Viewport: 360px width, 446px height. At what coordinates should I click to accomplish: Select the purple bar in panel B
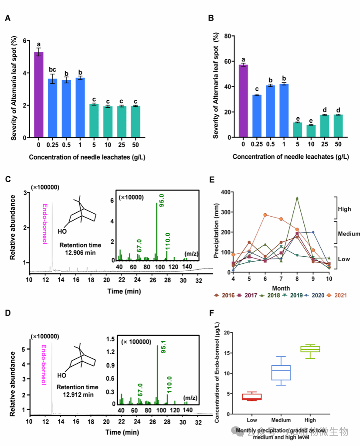pos(243,101)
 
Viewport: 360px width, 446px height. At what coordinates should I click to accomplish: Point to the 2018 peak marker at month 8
pos(297,198)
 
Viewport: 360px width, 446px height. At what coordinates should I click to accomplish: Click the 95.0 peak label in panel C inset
pos(161,208)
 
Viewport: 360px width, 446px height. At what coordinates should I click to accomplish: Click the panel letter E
pos(212,179)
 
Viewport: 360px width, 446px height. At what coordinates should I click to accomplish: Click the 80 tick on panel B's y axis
pos(227,36)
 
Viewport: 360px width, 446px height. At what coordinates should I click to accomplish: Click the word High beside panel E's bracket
pos(344,209)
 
